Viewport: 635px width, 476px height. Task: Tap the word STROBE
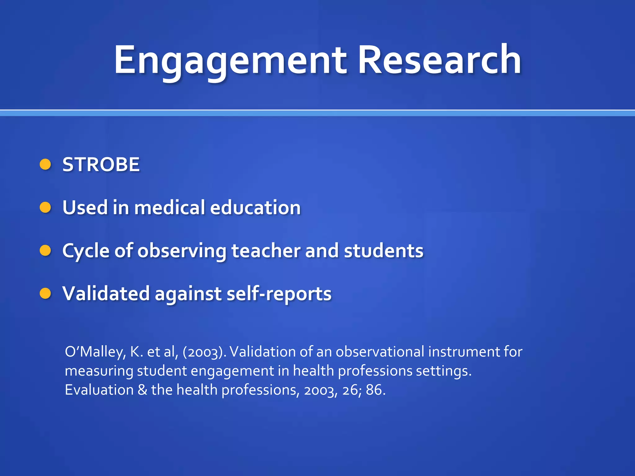[101, 165]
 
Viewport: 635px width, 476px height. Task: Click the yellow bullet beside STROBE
[45, 165]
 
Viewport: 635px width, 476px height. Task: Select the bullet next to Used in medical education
[45, 207]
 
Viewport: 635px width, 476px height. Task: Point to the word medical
[169, 207]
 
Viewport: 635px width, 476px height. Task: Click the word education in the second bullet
[255, 207]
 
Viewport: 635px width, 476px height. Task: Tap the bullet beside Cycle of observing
[45, 250]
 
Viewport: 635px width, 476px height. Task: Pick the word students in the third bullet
[384, 250]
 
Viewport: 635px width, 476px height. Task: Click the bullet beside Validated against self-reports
[45, 293]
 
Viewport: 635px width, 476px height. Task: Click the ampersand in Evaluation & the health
[142, 390]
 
